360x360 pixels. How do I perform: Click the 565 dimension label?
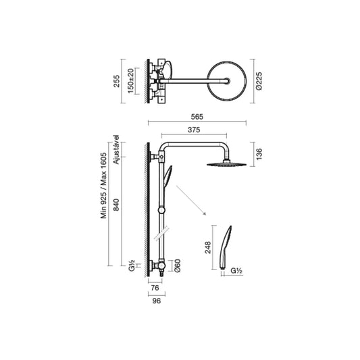pos(197,117)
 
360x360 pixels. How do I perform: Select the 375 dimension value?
pos(194,130)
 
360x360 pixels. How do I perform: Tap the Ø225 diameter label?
pos(259,81)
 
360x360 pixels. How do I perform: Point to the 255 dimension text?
pos(117,81)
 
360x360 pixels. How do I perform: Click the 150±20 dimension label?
pos(130,81)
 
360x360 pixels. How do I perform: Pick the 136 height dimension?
pos(259,154)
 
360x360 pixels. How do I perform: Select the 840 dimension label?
pos(117,205)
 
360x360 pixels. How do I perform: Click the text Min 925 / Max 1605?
pos(103,186)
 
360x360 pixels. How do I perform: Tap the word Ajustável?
pos(117,150)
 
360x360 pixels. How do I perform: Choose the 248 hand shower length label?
pos(208,247)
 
